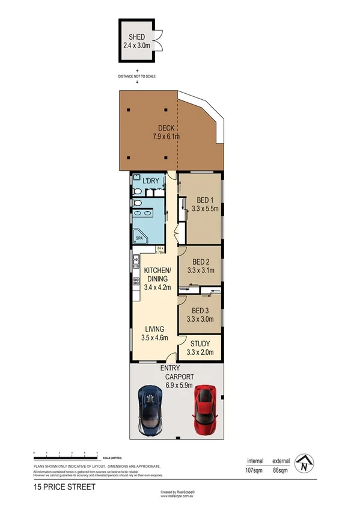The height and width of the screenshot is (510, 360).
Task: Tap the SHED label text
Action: tap(137, 37)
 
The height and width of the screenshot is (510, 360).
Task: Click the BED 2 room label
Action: tap(200, 262)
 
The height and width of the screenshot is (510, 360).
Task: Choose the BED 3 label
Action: tap(200, 311)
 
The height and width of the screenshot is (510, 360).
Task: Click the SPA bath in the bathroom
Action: tap(139, 237)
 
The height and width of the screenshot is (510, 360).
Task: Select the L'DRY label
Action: tap(150, 180)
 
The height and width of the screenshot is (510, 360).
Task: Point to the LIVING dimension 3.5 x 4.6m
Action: tap(155, 338)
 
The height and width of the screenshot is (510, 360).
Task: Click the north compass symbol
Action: tap(306, 462)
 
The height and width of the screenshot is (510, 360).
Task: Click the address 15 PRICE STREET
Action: tap(64, 487)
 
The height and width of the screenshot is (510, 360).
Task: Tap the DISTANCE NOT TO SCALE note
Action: tap(138, 76)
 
